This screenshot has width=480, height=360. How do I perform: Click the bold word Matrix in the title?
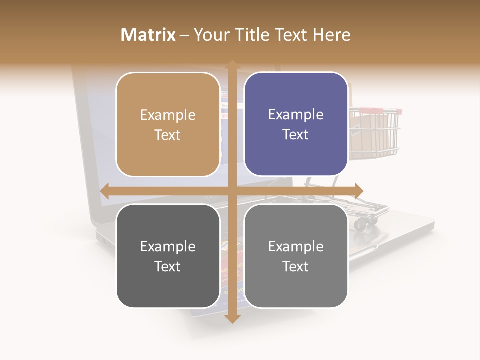148,35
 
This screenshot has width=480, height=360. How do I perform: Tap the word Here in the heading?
332,35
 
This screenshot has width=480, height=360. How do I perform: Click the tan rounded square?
168,124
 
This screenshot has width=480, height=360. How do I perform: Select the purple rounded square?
296,124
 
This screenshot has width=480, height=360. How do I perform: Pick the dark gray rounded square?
168,256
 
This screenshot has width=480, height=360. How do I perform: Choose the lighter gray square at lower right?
296,256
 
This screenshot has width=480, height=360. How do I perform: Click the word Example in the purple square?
296,115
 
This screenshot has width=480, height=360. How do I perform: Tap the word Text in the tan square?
168,135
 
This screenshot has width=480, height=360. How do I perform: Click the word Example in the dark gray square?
168,246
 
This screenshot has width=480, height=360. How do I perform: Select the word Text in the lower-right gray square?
296,266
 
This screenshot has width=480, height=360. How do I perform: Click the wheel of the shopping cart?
360,225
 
